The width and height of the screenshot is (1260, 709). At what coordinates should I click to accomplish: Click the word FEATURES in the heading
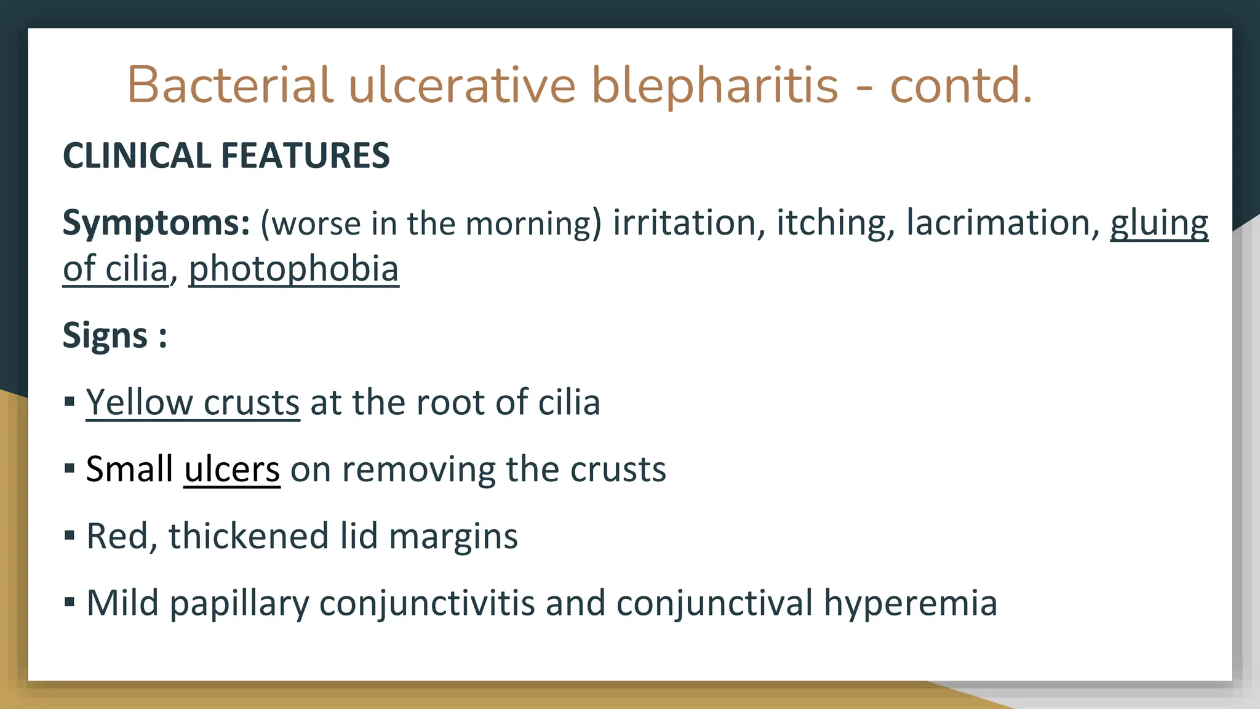point(305,155)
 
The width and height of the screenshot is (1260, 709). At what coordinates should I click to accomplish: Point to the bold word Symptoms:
point(156,223)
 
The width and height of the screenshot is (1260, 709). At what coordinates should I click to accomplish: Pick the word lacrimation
point(1003,223)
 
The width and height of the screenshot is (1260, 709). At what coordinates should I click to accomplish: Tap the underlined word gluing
point(1158,223)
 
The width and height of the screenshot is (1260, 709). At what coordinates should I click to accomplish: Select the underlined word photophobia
point(293,270)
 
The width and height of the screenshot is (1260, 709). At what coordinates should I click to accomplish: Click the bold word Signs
point(105,336)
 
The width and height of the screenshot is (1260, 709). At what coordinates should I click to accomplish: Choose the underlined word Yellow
point(139,403)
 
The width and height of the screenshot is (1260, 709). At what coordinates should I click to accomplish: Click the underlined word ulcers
point(232,469)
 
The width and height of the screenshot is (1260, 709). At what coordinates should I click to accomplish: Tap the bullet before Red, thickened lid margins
point(70,535)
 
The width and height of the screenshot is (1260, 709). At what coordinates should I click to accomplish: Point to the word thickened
point(249,535)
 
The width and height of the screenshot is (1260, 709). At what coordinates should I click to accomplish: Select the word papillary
point(239,603)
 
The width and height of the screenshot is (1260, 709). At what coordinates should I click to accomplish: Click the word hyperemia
point(911,603)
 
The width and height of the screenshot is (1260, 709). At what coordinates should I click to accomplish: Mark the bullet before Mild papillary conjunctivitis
point(70,602)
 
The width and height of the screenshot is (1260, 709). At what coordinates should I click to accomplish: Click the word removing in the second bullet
point(418,469)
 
